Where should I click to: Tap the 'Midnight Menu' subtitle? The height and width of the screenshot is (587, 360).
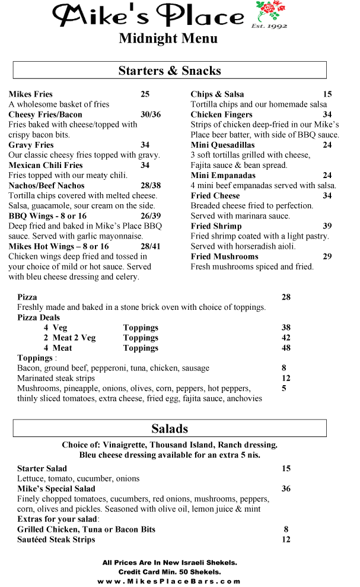coord(168,39)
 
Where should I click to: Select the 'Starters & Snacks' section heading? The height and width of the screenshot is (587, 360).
coord(170,71)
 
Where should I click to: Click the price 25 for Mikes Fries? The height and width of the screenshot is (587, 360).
coord(145,94)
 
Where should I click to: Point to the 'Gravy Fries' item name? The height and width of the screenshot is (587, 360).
coord(31,145)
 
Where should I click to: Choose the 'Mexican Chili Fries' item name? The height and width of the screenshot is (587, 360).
coord(46,165)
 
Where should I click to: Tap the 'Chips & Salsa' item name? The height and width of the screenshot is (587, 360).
coord(217,94)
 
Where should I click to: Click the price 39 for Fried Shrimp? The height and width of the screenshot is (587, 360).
coord(327,226)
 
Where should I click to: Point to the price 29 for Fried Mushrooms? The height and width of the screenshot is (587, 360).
coord(327,256)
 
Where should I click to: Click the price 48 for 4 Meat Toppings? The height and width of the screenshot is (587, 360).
coord(286,348)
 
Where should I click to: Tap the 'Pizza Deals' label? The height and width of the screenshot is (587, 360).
coord(39,318)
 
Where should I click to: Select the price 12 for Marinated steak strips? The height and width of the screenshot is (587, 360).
coord(286,378)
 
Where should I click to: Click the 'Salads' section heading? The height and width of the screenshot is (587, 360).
coord(170,429)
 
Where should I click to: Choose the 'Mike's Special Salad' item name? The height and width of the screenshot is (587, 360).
coord(56,488)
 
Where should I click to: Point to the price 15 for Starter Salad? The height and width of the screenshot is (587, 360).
coord(286,468)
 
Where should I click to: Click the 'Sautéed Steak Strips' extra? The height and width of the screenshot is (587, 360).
coord(56,540)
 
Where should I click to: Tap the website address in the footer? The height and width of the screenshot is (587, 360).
coord(170,582)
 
